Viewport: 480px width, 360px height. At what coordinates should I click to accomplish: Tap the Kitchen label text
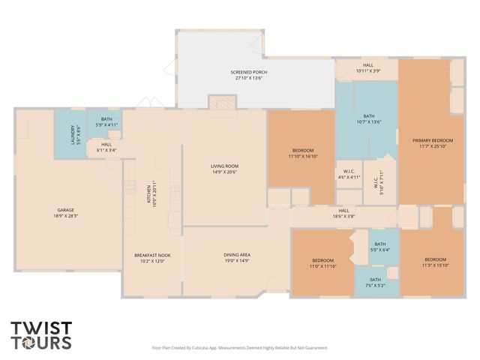tap(150, 197)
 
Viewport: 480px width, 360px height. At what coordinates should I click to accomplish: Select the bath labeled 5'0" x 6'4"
tap(380, 247)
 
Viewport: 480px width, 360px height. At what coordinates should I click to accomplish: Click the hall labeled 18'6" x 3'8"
tap(343, 214)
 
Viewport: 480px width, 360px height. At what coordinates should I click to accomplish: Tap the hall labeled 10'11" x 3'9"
tap(367, 67)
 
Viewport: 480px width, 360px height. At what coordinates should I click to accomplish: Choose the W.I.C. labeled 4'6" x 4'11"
tap(348, 175)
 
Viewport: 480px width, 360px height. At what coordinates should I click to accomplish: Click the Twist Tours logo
tap(41, 335)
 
